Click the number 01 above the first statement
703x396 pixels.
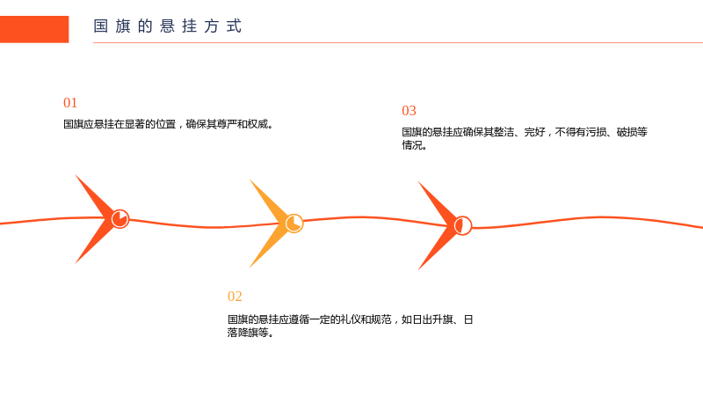(70, 103)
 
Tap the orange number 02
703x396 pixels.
(235, 297)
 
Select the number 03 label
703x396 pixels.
(409, 111)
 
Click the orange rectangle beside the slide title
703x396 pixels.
(34, 29)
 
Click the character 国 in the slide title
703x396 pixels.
(100, 26)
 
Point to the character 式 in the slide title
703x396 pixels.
(234, 26)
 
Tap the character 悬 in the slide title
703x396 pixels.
(167, 26)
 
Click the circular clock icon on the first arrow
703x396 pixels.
(120, 219)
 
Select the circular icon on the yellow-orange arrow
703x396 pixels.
(294, 224)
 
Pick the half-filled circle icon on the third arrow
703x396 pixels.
(463, 226)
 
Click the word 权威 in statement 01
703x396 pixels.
(257, 124)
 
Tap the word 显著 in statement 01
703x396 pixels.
(134, 124)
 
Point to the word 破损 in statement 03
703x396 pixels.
(627, 132)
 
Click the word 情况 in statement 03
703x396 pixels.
(411, 145)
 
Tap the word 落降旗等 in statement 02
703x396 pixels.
(248, 333)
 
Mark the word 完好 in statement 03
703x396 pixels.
(534, 132)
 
